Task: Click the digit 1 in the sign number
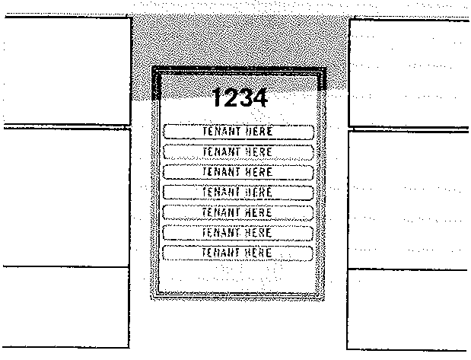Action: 218,99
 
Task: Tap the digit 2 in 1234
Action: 231,99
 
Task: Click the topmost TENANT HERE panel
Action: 238,132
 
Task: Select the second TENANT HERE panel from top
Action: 238,152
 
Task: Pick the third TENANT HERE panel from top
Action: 238,172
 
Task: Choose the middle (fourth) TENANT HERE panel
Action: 238,192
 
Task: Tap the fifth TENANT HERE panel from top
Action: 238,212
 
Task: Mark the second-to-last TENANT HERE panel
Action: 238,232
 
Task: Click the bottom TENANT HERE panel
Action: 238,253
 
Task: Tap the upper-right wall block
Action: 409,72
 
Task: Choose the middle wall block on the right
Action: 409,199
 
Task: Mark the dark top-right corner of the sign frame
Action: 321,81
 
